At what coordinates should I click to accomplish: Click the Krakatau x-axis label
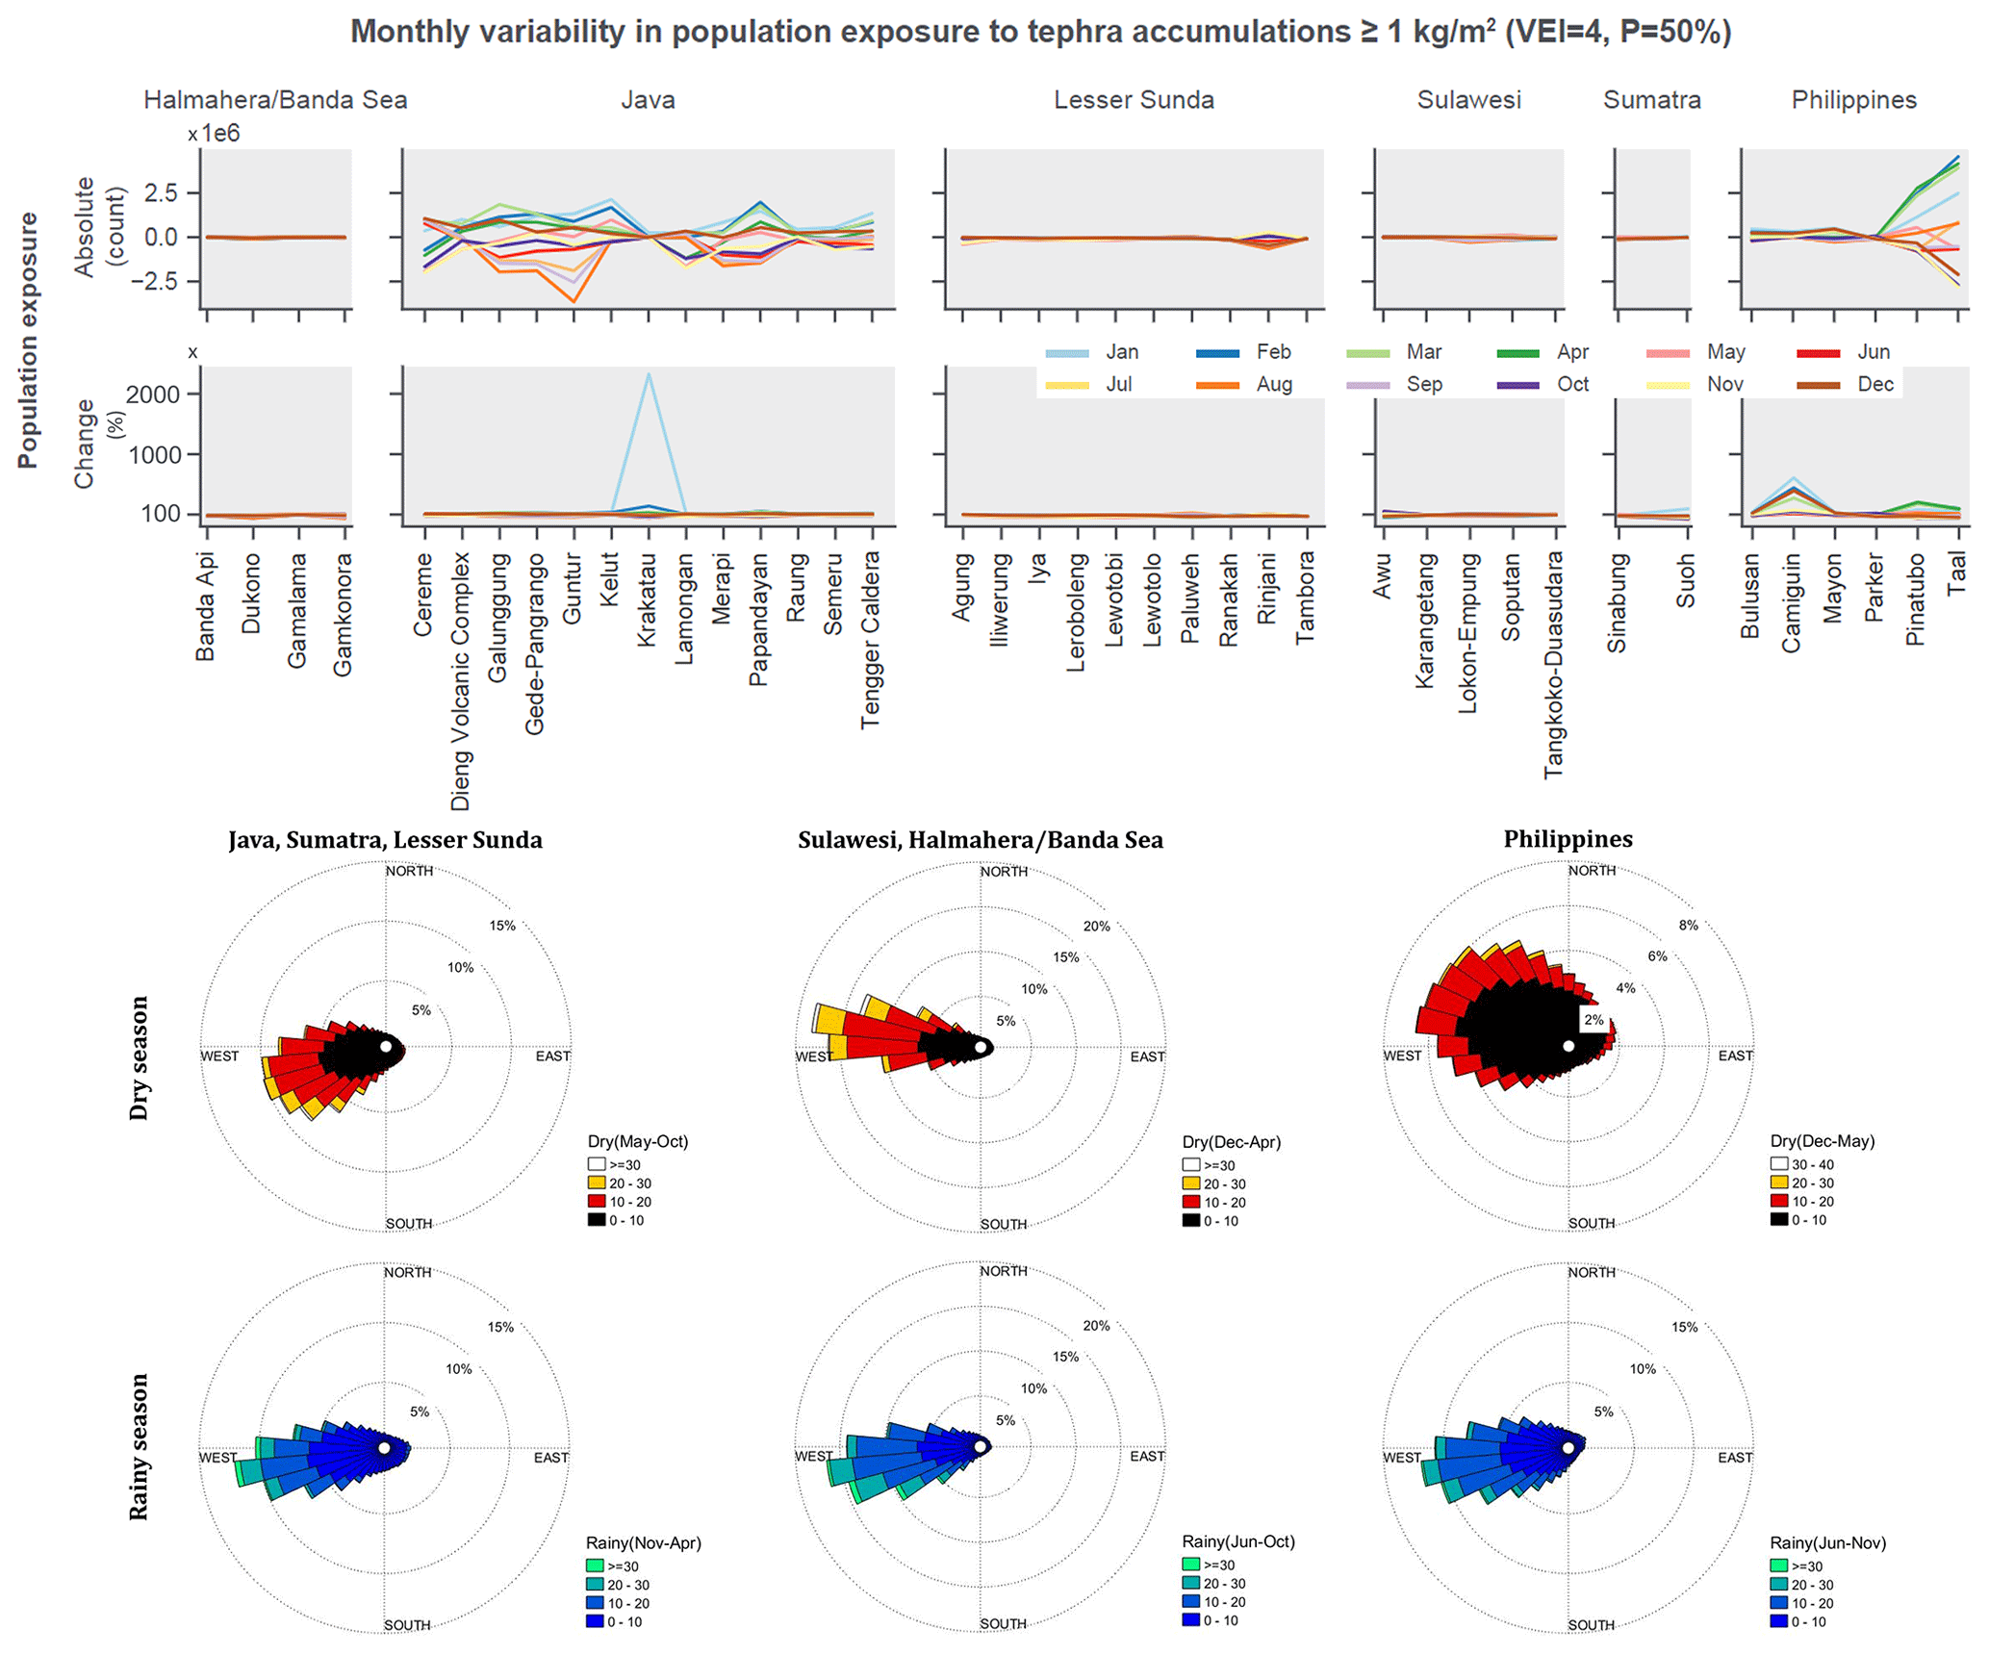click(647, 599)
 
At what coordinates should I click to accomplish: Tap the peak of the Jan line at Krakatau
click(649, 374)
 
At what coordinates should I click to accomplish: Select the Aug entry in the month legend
click(1273, 384)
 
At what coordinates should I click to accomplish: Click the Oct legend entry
click(1572, 384)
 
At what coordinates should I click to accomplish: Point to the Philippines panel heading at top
click(1853, 100)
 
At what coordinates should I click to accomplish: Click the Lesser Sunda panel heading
click(1134, 100)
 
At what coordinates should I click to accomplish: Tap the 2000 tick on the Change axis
click(153, 394)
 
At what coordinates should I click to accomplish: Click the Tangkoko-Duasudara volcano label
click(1553, 665)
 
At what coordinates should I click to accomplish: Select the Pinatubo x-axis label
click(1915, 598)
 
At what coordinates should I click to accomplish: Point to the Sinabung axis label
click(1617, 602)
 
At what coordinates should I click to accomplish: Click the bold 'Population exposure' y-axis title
click(28, 341)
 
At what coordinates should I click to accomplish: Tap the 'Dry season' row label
click(140, 1057)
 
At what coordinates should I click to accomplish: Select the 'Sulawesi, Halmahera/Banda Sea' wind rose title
click(980, 840)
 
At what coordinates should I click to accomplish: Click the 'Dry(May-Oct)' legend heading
click(638, 1141)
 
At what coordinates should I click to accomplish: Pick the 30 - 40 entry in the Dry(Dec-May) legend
click(1812, 1164)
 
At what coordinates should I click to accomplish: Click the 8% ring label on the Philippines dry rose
click(1688, 925)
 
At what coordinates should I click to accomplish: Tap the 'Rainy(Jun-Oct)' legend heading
click(1237, 1541)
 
